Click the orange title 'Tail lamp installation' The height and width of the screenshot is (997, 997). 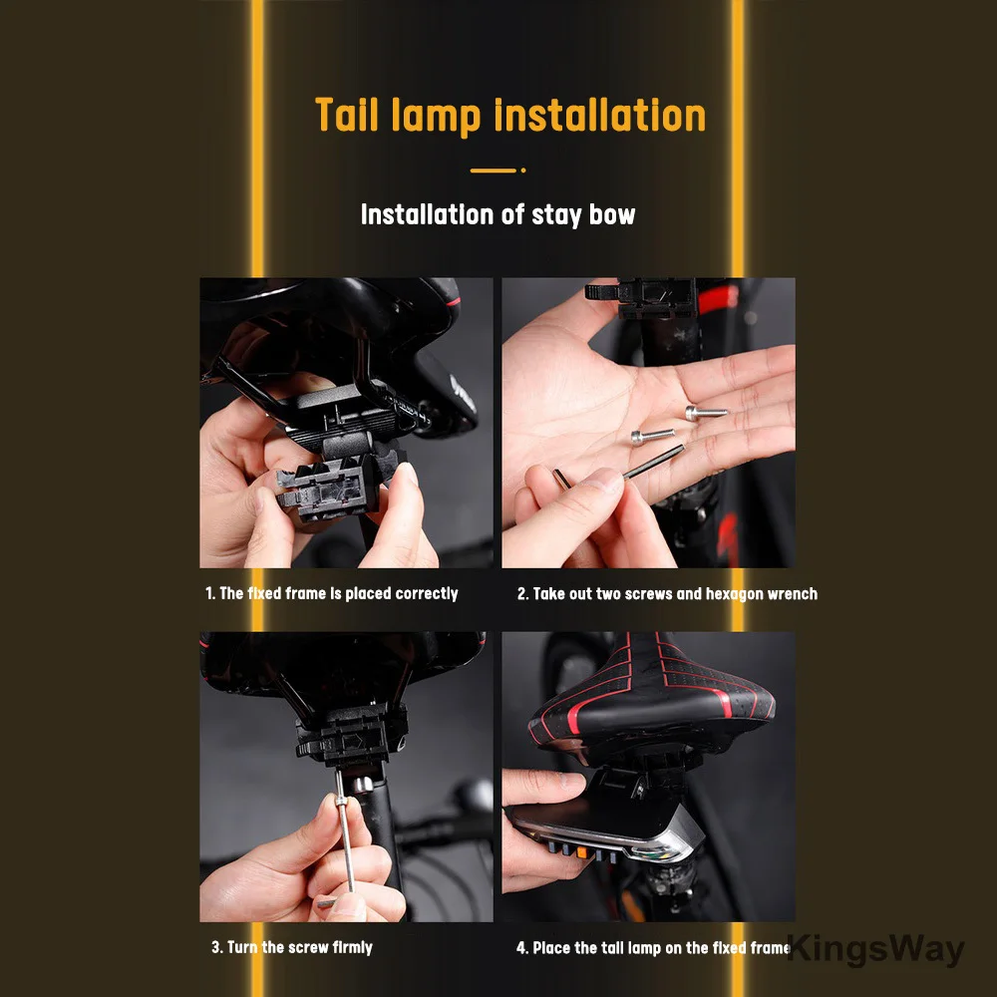pos(510,116)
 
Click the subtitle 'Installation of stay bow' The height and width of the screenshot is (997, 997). pos(498,215)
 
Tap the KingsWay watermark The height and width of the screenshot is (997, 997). pos(876,949)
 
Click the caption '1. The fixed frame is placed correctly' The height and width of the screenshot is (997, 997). pos(331,593)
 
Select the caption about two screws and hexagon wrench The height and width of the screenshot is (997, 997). pos(667,594)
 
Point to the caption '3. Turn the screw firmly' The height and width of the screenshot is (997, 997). pos(292,947)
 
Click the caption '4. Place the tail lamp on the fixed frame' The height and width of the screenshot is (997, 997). pos(653,948)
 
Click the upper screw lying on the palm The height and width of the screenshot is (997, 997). pos(706,412)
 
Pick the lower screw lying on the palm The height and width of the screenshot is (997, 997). pos(652,436)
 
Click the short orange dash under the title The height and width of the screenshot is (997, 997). pos(493,170)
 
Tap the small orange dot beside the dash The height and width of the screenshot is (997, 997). pos(522,170)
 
